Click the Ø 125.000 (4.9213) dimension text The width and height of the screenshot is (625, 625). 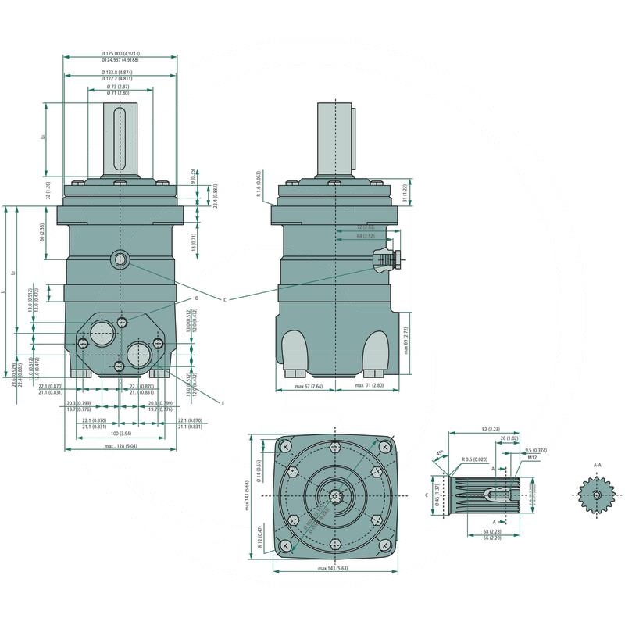pyautogui.click(x=120, y=53)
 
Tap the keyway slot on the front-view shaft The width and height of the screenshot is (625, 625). pyautogui.click(x=120, y=141)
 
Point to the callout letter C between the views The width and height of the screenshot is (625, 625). pyautogui.click(x=224, y=300)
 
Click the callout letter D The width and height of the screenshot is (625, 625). pyautogui.click(x=196, y=298)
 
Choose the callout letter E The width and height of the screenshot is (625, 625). pyautogui.click(x=223, y=403)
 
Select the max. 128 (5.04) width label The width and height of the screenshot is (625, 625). pyautogui.click(x=120, y=446)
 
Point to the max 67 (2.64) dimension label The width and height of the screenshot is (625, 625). pyautogui.click(x=309, y=386)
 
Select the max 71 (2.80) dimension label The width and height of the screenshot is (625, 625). pyautogui.click(x=369, y=386)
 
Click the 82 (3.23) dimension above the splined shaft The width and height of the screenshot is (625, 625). pyautogui.click(x=490, y=430)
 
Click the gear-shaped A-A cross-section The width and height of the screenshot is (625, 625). pyautogui.click(x=597, y=495)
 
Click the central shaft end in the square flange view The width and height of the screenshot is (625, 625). pyautogui.click(x=336, y=497)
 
